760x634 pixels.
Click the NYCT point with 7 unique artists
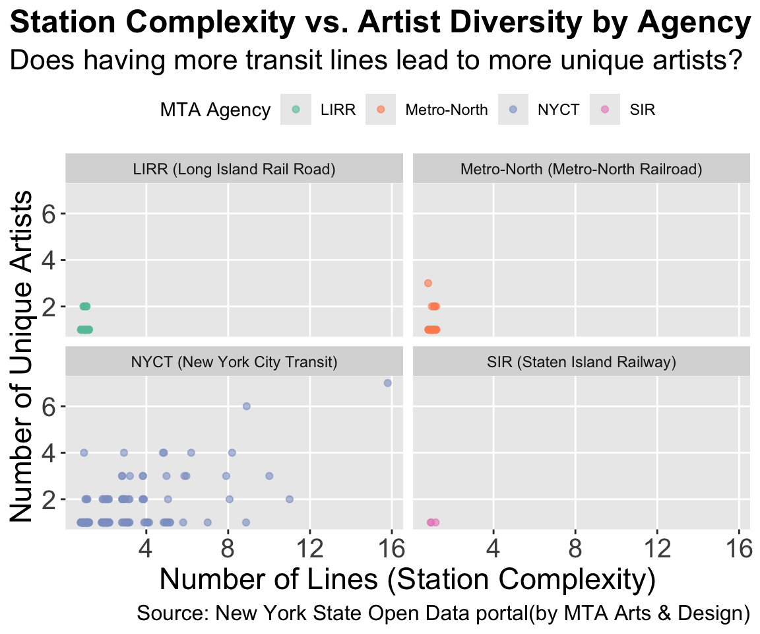[388, 383]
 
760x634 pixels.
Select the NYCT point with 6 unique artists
[247, 406]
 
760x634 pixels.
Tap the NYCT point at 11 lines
[289, 499]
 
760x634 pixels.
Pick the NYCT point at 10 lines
[269, 475]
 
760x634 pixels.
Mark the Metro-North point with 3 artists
[427, 283]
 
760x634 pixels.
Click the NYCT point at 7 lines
[208, 522]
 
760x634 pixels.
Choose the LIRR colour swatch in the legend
[295, 110]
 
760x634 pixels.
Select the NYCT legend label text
[558, 110]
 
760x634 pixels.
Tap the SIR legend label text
[643, 110]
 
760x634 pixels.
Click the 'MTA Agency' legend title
[215, 110]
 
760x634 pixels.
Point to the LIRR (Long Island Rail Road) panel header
[234, 170]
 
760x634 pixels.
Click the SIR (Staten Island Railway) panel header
[581, 362]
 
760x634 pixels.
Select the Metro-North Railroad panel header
[581, 170]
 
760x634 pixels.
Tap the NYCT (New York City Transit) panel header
[234, 362]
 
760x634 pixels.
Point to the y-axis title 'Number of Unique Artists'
[24, 357]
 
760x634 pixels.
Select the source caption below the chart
[443, 613]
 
